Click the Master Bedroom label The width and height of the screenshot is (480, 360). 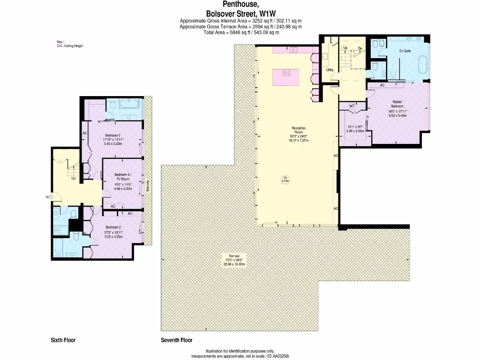(397, 104)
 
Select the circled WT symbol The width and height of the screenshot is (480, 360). (352, 106)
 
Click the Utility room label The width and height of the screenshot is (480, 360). (330, 70)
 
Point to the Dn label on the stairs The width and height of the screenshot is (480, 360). (360, 48)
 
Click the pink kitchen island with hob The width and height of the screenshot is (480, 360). (287, 73)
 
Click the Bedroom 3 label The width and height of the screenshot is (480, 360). (112, 136)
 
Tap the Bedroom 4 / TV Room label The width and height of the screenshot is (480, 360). (123, 176)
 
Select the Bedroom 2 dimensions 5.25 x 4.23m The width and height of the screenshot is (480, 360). (113, 237)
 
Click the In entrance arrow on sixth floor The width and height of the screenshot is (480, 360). (49, 197)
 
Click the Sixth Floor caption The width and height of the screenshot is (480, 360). (63, 340)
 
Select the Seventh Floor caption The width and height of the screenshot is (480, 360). (177, 340)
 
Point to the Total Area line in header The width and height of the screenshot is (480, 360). (241, 33)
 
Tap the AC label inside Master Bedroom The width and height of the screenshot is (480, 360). (382, 85)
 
